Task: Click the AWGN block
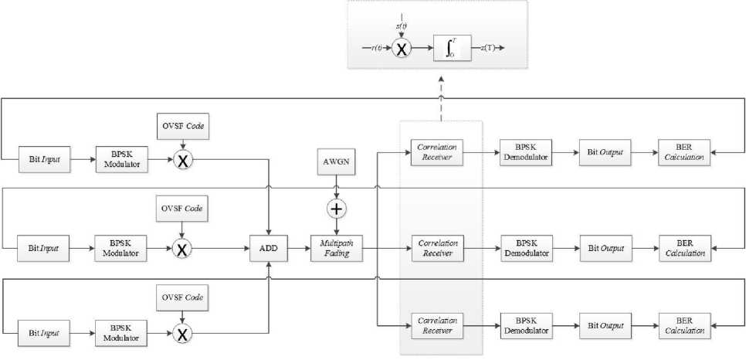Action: tap(335, 163)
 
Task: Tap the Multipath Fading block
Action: tap(335, 249)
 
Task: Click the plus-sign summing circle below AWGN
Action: tap(335, 209)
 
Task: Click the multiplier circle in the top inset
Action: tap(402, 48)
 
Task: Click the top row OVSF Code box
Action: tap(181, 125)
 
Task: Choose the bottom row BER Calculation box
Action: tap(685, 327)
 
